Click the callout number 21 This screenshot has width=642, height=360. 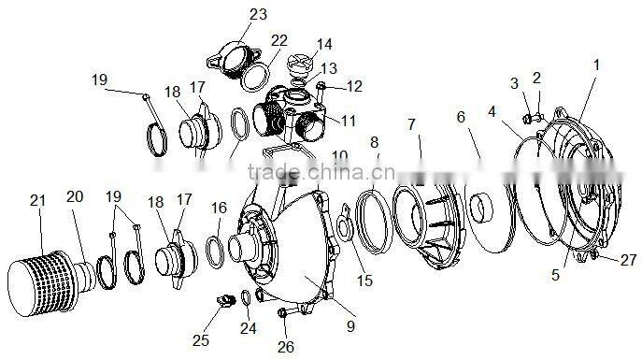pos(37,201)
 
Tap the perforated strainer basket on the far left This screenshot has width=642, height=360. pos(41,283)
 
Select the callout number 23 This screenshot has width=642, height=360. pos(258,14)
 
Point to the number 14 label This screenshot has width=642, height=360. pos(324,44)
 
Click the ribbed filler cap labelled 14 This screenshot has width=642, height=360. pos(300,65)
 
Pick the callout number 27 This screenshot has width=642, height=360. pos(628,260)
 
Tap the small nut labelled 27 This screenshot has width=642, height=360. pos(594,255)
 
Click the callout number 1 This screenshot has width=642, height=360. pos(596,65)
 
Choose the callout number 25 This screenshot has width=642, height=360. pos(201,340)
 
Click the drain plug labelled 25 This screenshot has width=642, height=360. pos(225,300)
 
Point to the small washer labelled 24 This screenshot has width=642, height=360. pos(246,297)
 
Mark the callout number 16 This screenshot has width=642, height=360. pos(219,209)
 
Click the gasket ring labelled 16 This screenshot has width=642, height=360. pos(215,252)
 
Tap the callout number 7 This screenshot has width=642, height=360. pos(411,124)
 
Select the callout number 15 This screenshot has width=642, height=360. pos(364,281)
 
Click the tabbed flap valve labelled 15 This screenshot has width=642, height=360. pos(344,223)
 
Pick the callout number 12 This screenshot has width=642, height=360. pos(354,86)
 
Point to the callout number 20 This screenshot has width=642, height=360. pos(75,196)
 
